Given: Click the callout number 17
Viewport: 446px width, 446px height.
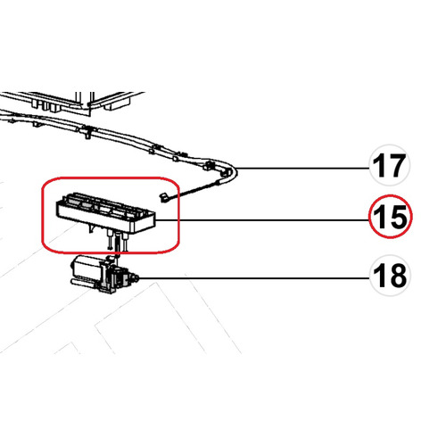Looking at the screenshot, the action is click(389, 166).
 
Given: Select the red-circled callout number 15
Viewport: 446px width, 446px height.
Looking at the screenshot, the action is click(390, 218).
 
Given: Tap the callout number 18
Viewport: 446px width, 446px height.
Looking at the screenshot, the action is click(390, 276).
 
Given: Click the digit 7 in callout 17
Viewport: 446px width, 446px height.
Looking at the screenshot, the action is click(397, 166).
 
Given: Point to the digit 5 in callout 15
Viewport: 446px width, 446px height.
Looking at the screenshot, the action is click(398, 218).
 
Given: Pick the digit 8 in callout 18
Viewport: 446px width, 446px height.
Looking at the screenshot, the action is click(398, 276).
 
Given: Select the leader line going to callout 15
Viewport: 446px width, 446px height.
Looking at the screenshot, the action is click(262, 220).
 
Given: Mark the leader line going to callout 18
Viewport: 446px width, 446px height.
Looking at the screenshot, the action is click(254, 278).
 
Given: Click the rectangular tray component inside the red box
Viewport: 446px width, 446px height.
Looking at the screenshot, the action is click(105, 213).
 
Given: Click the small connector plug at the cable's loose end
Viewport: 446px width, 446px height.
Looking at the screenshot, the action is click(163, 197).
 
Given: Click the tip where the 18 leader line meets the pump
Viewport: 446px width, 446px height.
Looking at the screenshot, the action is click(138, 278).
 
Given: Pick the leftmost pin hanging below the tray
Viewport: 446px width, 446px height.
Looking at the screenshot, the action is click(111, 239).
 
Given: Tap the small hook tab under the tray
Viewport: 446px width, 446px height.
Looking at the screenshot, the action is click(91, 228).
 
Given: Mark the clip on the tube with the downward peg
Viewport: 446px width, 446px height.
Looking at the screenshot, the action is click(87, 132).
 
